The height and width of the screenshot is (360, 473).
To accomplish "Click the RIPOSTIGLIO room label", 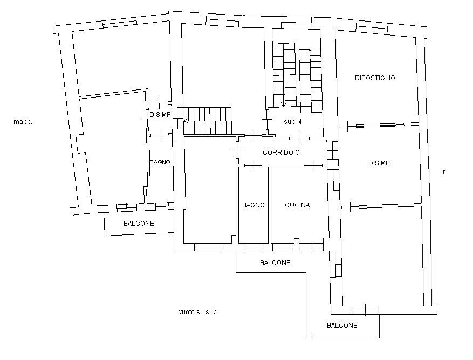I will click(x=375, y=78).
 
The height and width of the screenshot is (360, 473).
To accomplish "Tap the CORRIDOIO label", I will click(x=281, y=153).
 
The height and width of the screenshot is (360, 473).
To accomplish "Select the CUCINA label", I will click(x=297, y=205).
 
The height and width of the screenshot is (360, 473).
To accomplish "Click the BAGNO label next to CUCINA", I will click(x=253, y=205).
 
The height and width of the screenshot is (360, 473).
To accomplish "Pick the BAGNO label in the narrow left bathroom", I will click(x=160, y=162).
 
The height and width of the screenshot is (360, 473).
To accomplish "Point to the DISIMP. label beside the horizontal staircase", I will click(x=160, y=115).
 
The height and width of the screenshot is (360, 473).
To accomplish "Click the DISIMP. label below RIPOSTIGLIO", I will click(x=380, y=163).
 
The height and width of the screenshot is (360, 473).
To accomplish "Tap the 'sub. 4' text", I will click(x=292, y=122).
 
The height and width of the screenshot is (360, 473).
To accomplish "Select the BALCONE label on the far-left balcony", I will click(x=139, y=223).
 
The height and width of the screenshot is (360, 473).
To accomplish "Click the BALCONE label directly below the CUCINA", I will click(x=275, y=263).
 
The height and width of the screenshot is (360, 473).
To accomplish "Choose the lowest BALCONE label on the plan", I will click(x=342, y=326).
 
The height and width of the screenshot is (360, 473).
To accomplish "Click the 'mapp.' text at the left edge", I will click(x=23, y=122).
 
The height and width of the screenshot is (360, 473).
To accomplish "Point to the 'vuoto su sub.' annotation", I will click(x=198, y=312).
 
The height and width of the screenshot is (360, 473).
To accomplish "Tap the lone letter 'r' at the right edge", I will click(x=443, y=172).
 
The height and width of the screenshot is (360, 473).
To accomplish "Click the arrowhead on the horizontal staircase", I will click(x=186, y=121).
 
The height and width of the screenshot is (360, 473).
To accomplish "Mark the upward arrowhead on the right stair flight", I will click(x=310, y=51).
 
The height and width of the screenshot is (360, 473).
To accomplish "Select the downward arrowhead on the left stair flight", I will click(x=284, y=104).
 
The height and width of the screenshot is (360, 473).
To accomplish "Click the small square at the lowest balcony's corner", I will click(x=309, y=336).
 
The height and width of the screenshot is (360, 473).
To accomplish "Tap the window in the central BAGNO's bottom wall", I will click(x=253, y=247).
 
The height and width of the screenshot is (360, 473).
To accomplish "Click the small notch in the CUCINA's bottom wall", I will click(x=295, y=240).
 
